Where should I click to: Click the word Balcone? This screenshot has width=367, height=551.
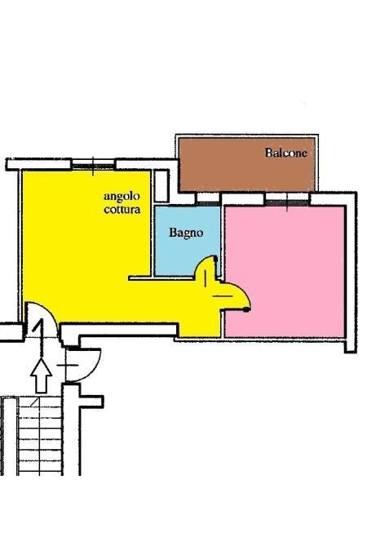click(286, 153)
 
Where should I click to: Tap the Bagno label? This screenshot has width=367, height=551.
click(186, 233)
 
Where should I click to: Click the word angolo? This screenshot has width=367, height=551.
click(122, 198)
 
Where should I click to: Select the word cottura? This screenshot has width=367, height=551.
click(122, 210)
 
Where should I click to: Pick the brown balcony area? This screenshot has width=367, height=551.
click(247, 164)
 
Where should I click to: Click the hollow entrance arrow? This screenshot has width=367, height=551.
click(41, 375)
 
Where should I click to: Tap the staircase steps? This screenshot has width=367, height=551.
click(40, 436)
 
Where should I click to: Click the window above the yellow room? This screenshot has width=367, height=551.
click(94, 164)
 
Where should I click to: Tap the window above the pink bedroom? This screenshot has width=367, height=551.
click(287, 199)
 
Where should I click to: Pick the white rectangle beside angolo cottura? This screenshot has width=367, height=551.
click(161, 186)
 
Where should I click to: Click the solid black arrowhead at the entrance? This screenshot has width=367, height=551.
click(38, 326)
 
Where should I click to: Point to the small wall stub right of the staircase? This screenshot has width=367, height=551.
click(91, 402)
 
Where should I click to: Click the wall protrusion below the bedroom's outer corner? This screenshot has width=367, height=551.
click(350, 346)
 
